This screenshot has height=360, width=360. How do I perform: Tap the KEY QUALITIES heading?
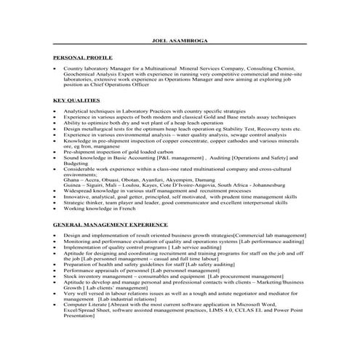pyautogui.click(x=76, y=98)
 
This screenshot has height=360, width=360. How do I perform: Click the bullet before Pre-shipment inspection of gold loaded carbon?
pyautogui.click(x=56, y=151)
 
